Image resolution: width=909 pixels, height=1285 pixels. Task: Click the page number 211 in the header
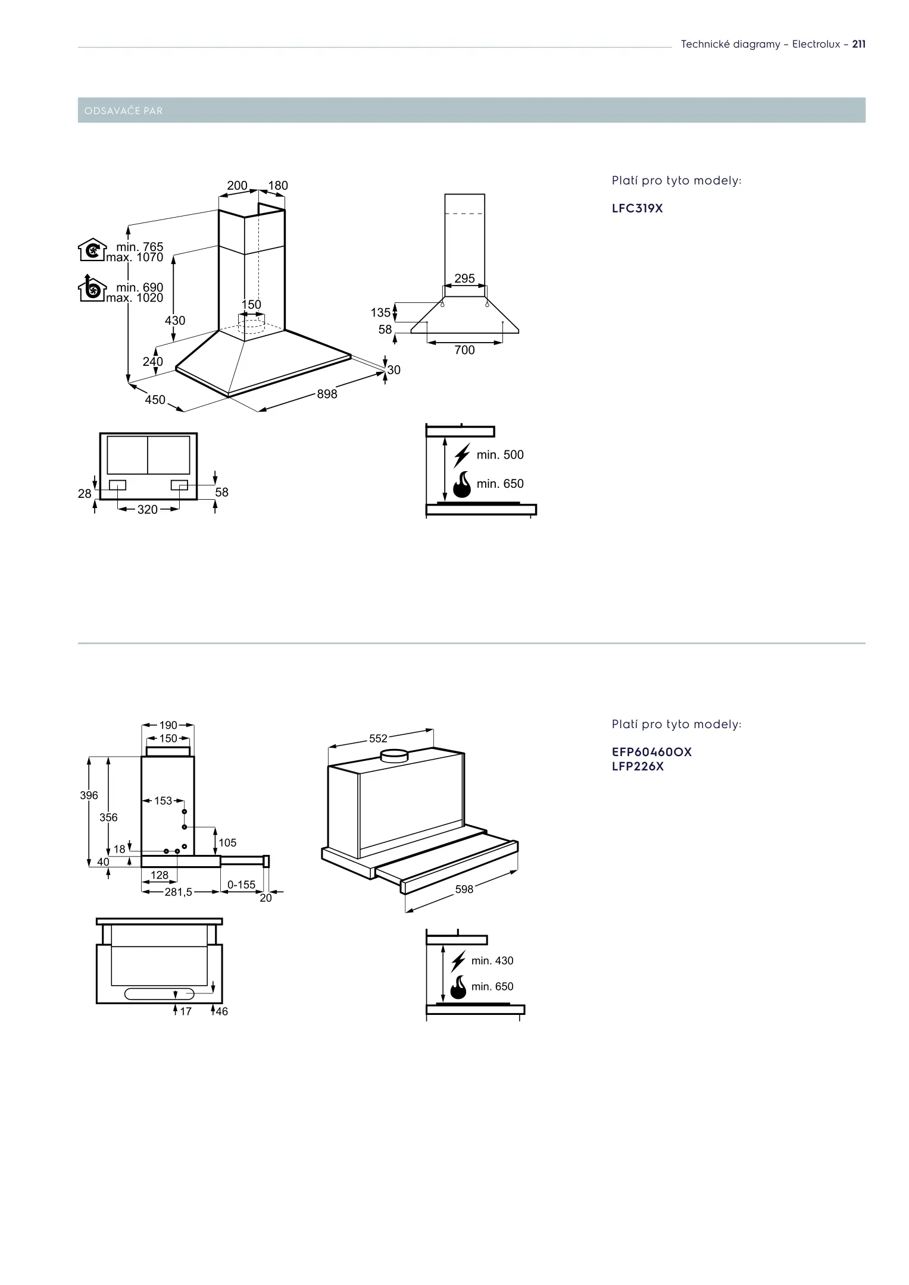858,44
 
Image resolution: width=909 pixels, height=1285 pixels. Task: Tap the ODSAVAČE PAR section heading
124,111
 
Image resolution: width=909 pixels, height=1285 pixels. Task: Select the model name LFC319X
637,209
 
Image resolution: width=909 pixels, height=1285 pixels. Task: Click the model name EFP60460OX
651,752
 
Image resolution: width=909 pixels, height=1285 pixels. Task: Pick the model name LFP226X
637,767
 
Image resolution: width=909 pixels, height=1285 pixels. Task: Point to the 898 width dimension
327,394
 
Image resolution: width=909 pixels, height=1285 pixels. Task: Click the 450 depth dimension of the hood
155,400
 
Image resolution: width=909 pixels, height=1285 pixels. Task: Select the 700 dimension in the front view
464,350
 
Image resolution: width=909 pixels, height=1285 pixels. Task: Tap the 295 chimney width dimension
464,278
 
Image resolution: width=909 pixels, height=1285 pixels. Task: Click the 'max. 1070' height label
135,258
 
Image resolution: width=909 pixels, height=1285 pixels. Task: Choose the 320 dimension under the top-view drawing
148,510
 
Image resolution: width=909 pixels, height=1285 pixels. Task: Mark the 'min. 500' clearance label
500,455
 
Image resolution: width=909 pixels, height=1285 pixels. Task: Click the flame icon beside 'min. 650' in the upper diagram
462,485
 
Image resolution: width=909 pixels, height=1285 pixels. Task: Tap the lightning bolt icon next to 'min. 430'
458,961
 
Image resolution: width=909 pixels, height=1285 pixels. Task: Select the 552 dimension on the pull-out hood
378,738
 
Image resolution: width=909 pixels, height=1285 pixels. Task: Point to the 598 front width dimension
464,889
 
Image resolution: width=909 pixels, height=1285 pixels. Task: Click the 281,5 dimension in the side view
179,892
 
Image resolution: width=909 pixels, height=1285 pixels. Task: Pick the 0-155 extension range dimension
241,885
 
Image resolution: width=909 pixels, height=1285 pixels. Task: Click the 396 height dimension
89,795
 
